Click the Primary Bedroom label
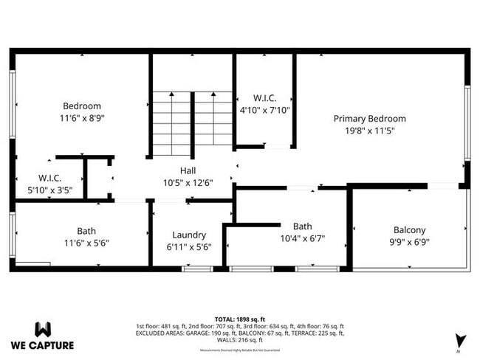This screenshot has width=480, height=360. point(369,119)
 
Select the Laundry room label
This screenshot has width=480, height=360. point(189,235)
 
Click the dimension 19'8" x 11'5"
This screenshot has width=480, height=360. point(369,131)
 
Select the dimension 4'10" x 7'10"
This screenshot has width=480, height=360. point(265,110)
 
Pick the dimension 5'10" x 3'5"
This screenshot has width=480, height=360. point(50,190)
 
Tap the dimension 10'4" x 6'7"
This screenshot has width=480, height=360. point(303,238)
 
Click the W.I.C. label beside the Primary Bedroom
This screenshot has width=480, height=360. point(264,98)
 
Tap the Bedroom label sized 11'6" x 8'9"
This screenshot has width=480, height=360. point(81,106)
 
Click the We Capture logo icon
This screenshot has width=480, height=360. point(43,329)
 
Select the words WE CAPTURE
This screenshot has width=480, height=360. point(42,345)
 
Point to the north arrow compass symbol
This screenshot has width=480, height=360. point(461,342)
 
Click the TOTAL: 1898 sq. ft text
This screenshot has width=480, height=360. point(239,318)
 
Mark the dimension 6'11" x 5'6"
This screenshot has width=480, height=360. point(189,247)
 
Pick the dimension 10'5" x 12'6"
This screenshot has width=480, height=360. point(188,183)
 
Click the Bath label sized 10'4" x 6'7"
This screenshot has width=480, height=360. point(303,226)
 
